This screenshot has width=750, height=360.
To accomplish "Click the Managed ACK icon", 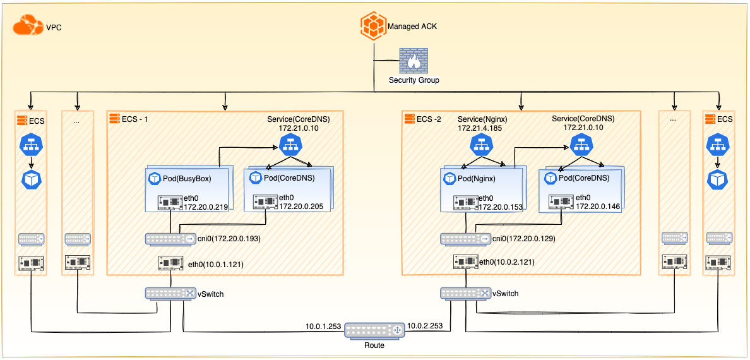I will click(x=373, y=27).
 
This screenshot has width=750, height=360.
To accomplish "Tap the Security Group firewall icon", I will click(x=414, y=61).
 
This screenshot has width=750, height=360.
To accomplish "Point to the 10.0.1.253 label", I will click(x=323, y=327).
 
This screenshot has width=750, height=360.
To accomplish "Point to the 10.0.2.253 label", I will click(x=426, y=327).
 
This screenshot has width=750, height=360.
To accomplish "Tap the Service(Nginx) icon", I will click(x=478, y=147).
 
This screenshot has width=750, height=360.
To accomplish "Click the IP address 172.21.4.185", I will click(x=482, y=129).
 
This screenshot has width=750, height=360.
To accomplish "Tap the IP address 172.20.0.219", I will click(x=205, y=207).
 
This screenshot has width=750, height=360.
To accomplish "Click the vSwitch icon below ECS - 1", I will click(x=170, y=294).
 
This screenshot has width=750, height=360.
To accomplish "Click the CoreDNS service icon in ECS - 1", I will click(x=290, y=147).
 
